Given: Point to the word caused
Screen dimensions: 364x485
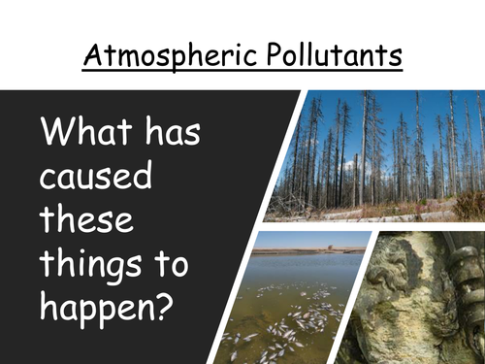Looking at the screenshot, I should click(85, 181).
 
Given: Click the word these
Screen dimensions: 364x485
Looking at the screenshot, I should click(81, 224).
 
